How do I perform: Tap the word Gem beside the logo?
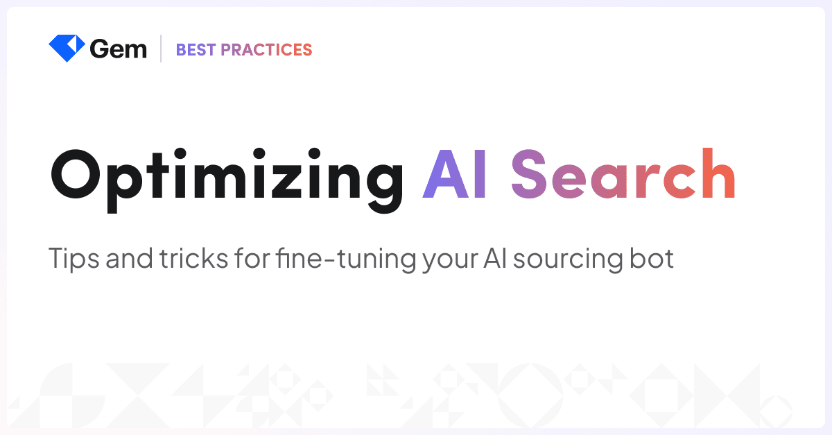click(118, 49)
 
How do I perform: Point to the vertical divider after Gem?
click(161, 49)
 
